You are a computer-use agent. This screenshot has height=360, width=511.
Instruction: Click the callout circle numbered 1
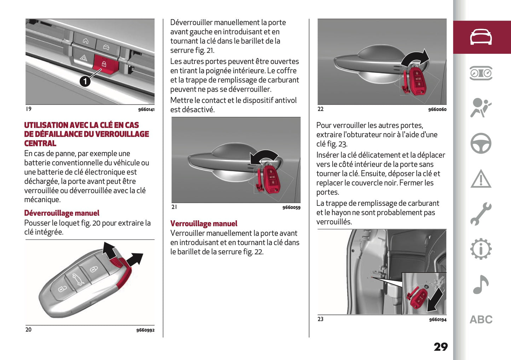point(85,81)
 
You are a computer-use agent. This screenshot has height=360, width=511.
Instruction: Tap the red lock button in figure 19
point(104,64)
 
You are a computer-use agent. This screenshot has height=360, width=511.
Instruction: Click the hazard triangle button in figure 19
point(83,57)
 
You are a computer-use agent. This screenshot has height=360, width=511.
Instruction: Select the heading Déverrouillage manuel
point(62,213)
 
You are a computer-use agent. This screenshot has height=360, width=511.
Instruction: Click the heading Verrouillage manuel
point(204,223)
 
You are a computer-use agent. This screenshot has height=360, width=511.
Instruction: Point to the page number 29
point(441,347)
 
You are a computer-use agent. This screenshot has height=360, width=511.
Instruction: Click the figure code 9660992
point(145,330)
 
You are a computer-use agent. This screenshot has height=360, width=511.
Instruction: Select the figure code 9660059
point(291,208)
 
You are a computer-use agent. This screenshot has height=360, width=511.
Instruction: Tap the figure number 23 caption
point(320,319)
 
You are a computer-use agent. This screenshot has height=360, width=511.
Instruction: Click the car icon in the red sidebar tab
point(481,37)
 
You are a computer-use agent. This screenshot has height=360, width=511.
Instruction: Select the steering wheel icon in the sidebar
point(481,143)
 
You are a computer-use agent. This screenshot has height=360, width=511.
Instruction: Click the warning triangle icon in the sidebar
point(481,179)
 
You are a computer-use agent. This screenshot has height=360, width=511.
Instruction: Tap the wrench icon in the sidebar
point(481,214)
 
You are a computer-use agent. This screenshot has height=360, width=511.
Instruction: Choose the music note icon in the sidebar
point(481,284)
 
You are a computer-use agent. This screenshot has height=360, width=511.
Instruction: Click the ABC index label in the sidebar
point(481,320)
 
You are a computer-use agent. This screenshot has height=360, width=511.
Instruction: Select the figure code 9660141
point(146,110)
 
